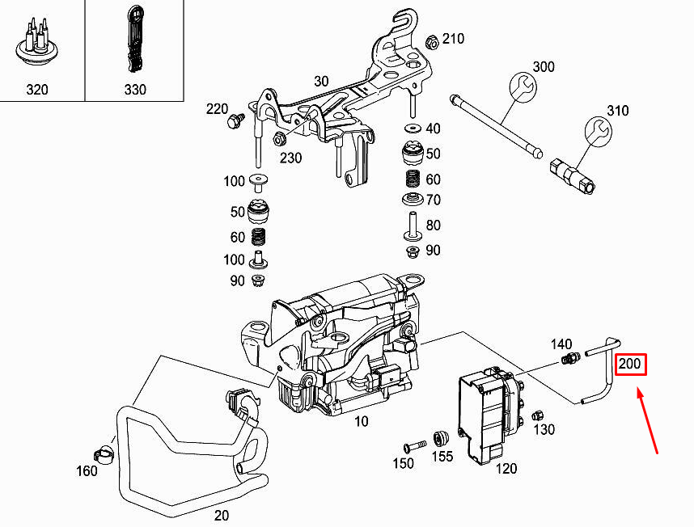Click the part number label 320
[x=37, y=89]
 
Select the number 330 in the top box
[x=135, y=89]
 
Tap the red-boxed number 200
[x=629, y=365]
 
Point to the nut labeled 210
[x=430, y=40]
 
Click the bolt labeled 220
[x=235, y=120]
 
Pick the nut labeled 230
[x=280, y=137]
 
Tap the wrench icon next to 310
[x=597, y=130]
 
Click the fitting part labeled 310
[x=573, y=175]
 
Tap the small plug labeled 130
[x=535, y=415]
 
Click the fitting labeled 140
[x=573, y=358]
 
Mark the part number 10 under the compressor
[x=361, y=420]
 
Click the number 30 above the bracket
[x=321, y=82]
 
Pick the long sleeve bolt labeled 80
[x=410, y=224]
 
